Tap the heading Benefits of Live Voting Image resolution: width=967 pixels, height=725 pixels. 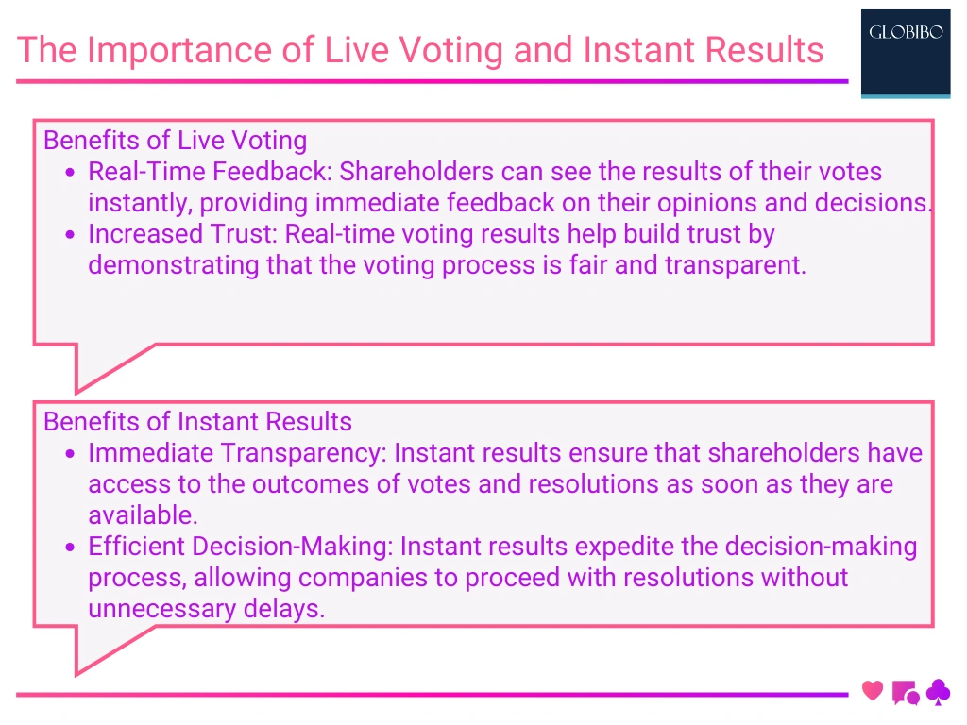[x=176, y=141]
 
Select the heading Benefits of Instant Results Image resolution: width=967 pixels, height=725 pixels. [x=198, y=421]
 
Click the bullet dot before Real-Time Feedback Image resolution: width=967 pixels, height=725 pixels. [x=70, y=173]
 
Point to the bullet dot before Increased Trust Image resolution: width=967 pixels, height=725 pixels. [x=70, y=235]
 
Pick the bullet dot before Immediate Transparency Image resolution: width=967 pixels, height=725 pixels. [x=70, y=454]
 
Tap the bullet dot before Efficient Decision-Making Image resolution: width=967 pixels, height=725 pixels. [x=70, y=548]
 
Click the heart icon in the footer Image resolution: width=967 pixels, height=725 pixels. [x=873, y=691]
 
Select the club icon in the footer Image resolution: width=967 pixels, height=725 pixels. [x=939, y=692]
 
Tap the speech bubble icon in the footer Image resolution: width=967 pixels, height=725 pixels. [x=905, y=693]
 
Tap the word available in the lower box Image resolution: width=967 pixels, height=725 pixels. [x=142, y=515]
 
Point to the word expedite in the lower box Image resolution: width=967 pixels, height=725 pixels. [x=628, y=547]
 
